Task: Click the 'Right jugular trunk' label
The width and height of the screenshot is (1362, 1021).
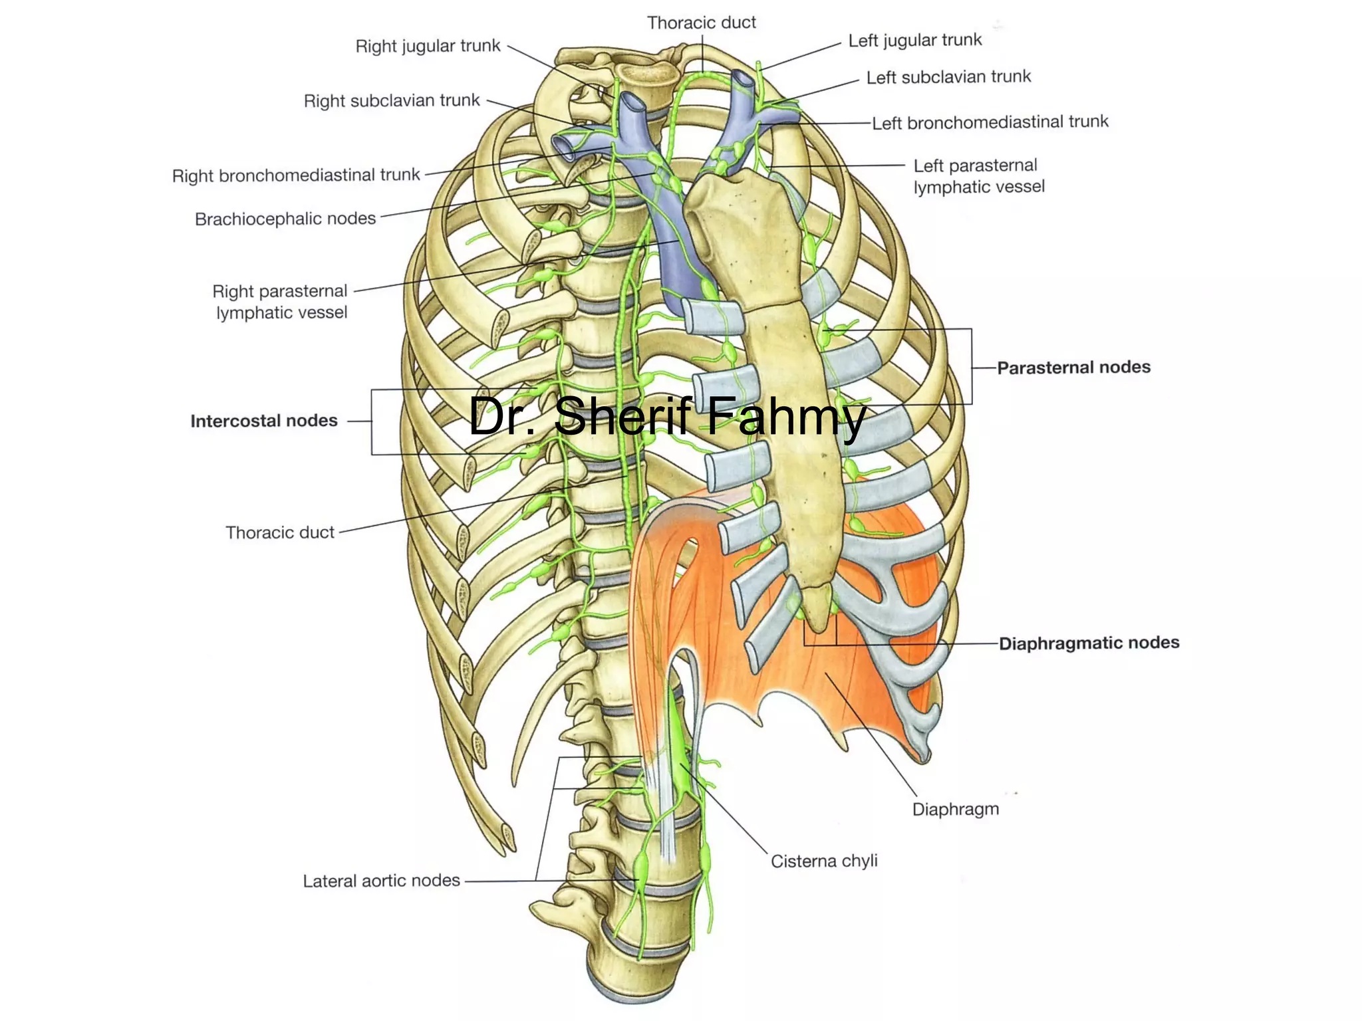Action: [428, 46]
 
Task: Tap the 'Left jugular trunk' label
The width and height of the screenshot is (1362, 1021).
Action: [914, 41]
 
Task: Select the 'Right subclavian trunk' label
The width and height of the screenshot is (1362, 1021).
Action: [391, 100]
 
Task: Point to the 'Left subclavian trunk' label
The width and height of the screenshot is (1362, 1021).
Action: [948, 77]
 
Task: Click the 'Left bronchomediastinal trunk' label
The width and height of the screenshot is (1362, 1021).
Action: [990, 122]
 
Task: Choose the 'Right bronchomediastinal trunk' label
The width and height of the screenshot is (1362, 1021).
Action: [296, 175]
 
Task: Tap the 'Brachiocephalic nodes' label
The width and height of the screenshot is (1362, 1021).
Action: [285, 219]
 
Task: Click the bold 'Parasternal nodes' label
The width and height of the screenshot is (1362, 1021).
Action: [1073, 368]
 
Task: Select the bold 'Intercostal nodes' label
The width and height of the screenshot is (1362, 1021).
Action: [264, 421]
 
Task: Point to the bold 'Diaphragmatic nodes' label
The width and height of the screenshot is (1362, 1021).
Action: [1089, 643]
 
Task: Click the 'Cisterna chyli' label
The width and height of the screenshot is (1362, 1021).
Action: [824, 861]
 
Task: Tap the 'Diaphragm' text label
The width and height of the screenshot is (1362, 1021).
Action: [955, 809]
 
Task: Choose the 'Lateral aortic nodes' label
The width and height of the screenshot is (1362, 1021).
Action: [381, 881]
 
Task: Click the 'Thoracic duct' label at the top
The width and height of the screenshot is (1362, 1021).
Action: [701, 23]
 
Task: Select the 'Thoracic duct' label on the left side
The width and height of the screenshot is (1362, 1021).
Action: [280, 532]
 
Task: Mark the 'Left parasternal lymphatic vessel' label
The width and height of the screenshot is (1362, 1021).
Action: [978, 176]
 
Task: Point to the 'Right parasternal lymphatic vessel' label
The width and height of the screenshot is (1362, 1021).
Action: [280, 302]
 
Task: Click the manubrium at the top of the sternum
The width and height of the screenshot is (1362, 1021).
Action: [738, 219]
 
